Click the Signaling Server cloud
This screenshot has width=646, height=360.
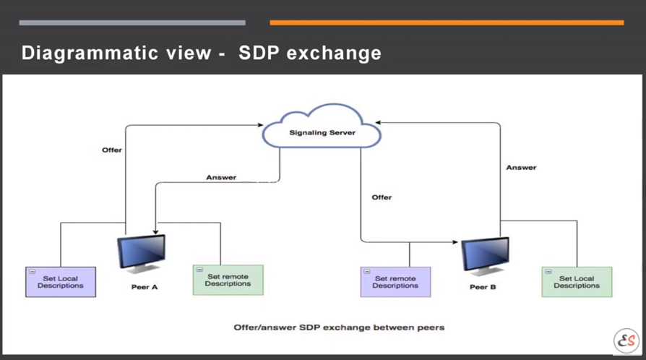coord(322,127)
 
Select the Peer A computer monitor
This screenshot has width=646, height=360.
coord(142,254)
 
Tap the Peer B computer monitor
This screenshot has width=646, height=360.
coord(485,256)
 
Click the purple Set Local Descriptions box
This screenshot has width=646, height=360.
coord(61,282)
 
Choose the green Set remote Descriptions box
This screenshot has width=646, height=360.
coord(228,280)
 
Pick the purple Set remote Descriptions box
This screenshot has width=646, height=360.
coord(395,282)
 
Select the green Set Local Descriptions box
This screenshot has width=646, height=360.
coord(577,282)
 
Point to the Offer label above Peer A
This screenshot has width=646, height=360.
coord(112,150)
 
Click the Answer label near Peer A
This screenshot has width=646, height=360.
coord(221,177)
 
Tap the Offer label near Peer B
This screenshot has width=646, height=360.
coord(382,197)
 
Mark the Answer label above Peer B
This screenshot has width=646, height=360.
coord(521,168)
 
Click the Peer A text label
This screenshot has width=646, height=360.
coord(145,287)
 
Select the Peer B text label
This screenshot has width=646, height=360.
coord(483,287)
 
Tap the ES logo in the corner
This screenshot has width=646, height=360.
coord(626,340)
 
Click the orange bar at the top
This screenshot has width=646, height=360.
coord(447,22)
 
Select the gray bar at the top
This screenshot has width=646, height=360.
coord(132,22)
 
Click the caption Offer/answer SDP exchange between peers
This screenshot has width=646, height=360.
coord(339,327)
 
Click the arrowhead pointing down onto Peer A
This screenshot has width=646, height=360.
coord(155,232)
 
